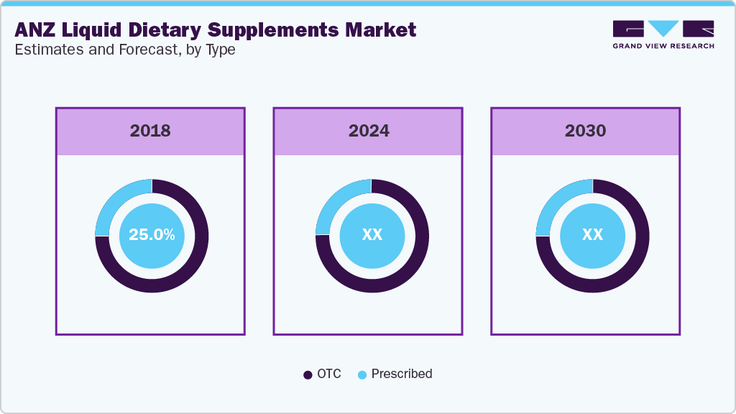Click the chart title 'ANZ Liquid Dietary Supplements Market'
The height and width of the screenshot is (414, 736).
[x=215, y=29]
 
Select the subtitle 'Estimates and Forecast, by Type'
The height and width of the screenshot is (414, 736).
[x=125, y=50]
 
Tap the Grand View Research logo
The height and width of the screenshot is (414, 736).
[x=663, y=34]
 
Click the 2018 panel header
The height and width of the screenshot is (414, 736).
[x=150, y=131]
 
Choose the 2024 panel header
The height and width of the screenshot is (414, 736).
[x=369, y=131]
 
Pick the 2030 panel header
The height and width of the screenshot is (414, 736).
[x=585, y=131]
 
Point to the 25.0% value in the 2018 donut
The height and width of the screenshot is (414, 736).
[x=152, y=235]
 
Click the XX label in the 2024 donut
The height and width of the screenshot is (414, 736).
[x=372, y=235]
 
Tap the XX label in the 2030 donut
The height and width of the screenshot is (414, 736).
[x=592, y=235]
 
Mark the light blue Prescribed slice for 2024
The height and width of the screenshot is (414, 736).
[x=334, y=202]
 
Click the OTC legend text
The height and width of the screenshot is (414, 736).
[x=330, y=374]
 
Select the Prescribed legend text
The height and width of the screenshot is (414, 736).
[x=402, y=374]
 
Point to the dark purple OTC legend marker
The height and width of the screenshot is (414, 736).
[x=308, y=374]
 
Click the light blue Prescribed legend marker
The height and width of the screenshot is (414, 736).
[x=362, y=374]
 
